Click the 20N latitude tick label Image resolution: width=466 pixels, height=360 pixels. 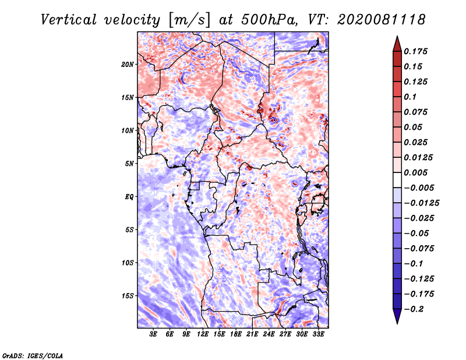coord(128,64)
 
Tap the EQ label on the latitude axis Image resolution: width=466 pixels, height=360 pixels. coord(129,197)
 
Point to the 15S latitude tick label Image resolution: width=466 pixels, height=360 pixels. coord(128,296)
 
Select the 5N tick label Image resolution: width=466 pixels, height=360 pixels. coord(129,164)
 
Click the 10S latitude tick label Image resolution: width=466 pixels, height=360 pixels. coord(128,263)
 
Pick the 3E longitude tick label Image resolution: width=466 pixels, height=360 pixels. coord(154,334)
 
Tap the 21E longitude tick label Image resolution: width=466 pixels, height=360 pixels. coord(252,334)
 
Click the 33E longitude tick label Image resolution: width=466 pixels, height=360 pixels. coord(318,334)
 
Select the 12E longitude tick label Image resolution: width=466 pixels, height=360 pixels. coord(203,334)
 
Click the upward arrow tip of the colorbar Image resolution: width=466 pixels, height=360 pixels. coord(396,38)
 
